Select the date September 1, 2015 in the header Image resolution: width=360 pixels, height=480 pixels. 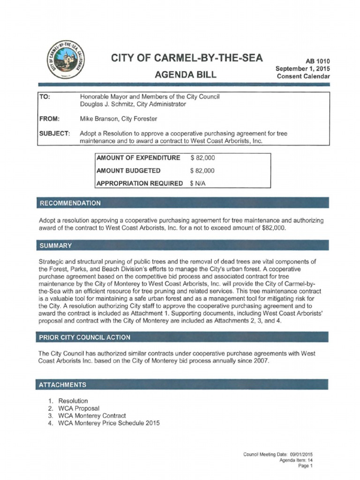coord(303,68)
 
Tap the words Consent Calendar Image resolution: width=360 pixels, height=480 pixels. coord(303,76)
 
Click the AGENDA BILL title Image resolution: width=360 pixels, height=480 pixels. coord(186,75)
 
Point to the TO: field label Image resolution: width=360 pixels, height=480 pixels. coord(45,96)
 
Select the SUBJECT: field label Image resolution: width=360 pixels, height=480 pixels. coord(54,134)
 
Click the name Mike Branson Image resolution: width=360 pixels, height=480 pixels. coord(98,120)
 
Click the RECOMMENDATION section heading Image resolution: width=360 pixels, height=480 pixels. coord(70,203)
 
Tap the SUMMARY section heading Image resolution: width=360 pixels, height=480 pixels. coord(56,245)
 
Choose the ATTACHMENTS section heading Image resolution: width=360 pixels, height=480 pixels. coord(63,384)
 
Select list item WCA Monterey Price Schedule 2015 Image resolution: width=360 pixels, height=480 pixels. coord(109,423)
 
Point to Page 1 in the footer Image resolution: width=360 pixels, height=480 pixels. coord(305,466)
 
